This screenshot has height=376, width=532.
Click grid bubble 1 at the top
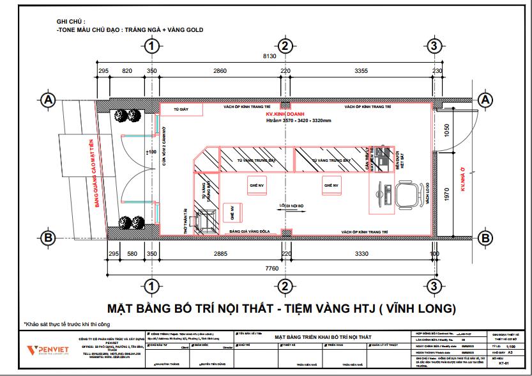(x=151, y=45)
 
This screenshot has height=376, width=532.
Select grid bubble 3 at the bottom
(x=434, y=285)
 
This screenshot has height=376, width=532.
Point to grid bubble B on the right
(x=485, y=238)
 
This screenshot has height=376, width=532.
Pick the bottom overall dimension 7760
(x=272, y=269)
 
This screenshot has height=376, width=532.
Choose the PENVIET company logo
(x=42, y=350)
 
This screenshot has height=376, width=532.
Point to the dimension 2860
(x=220, y=71)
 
